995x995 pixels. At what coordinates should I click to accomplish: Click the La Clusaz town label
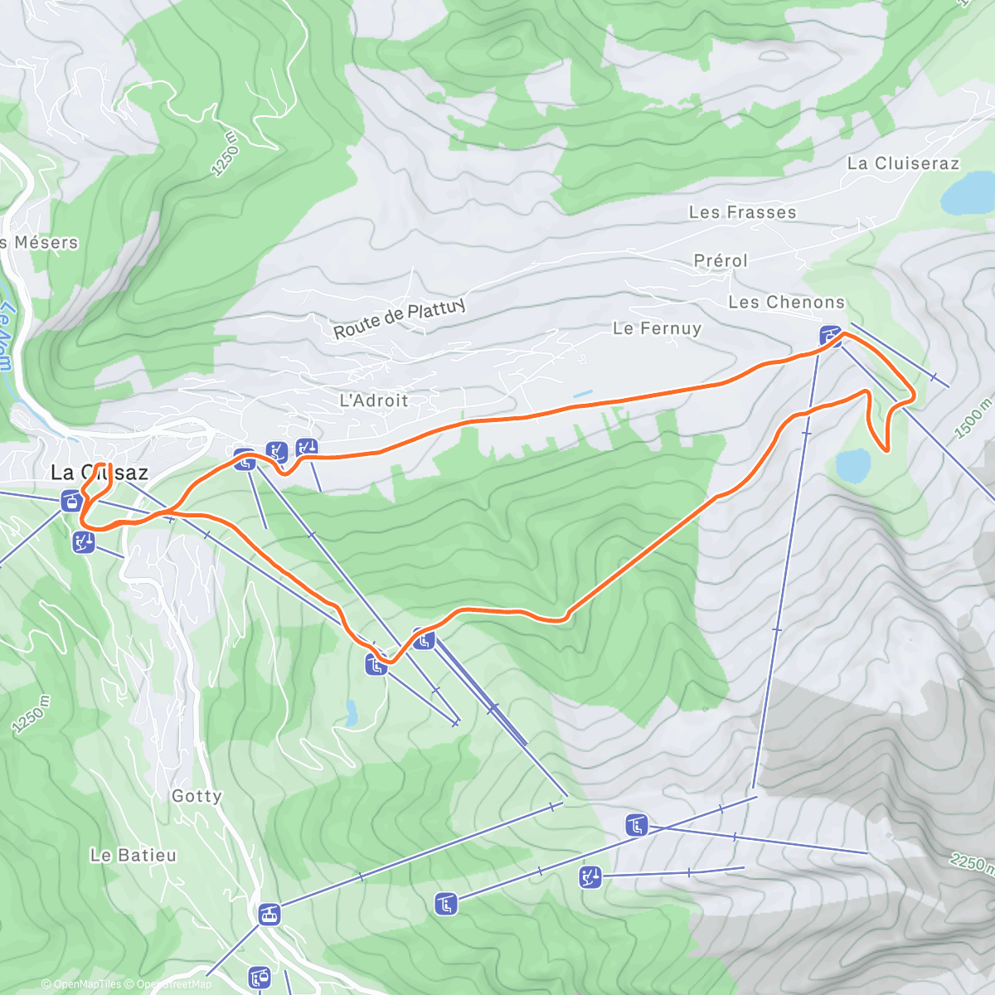99,473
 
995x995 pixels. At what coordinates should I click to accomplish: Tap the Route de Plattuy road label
399,319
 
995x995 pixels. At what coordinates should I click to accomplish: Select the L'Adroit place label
374,400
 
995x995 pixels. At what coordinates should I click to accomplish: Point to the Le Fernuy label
657,328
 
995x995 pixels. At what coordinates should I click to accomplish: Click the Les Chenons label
786,303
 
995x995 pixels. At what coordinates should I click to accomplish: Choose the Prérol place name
721,260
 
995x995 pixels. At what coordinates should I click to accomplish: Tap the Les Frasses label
742,212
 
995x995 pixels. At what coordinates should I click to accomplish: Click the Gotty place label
197,796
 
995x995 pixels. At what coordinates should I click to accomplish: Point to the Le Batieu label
133,855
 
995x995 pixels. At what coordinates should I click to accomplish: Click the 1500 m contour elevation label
973,418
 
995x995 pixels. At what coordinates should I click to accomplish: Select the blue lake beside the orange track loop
853,465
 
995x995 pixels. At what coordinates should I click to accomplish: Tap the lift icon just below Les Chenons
829,336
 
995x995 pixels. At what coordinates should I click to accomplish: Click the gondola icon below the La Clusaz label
70,500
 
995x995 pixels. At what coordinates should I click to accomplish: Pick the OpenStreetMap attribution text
174,984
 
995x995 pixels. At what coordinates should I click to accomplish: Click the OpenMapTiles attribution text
86,984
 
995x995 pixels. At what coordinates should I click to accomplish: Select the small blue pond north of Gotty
352,711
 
